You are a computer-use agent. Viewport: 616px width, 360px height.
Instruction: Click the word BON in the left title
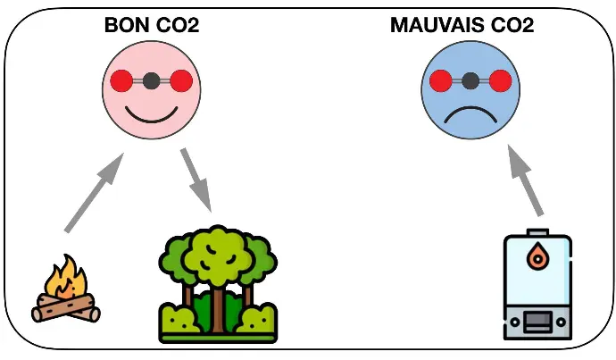click(x=128, y=25)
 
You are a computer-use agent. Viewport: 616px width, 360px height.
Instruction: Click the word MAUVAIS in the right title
click(x=437, y=25)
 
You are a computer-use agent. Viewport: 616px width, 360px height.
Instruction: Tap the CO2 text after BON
click(x=178, y=25)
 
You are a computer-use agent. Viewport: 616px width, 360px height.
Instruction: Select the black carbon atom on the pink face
click(x=152, y=81)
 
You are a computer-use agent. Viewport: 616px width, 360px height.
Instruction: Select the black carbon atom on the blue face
click(x=470, y=81)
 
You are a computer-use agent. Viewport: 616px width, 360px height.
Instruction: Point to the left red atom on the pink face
click(x=121, y=81)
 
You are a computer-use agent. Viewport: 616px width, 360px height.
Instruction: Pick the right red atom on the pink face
click(x=181, y=81)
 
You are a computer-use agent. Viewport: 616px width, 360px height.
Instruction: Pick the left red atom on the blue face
click(x=441, y=81)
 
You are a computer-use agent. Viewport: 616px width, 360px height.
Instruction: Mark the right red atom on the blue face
click(x=501, y=81)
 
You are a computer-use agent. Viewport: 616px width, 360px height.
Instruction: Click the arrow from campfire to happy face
click(x=94, y=193)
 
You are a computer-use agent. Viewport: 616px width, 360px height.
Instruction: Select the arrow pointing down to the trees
click(x=196, y=180)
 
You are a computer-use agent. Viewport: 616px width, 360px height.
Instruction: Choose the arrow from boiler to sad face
click(x=525, y=180)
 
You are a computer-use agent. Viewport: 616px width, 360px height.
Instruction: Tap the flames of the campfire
click(x=65, y=278)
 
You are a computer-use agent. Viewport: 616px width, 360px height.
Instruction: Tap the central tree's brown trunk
click(x=218, y=311)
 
